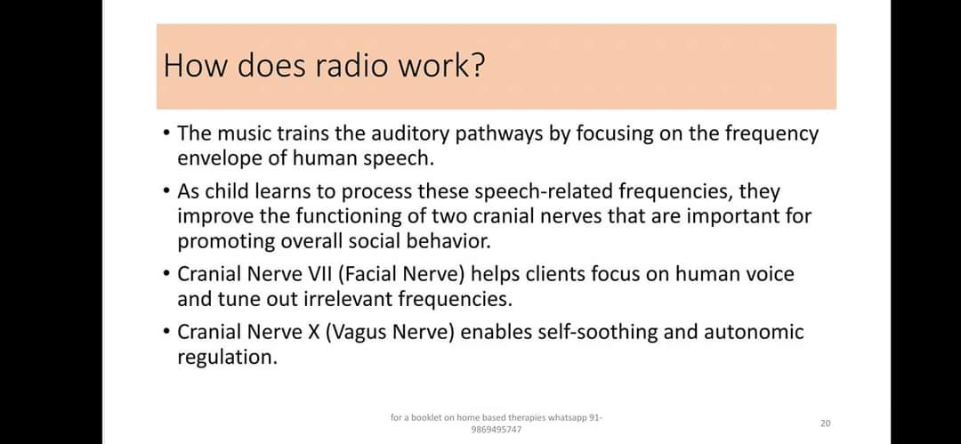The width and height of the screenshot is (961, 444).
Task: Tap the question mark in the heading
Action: [x=478, y=66]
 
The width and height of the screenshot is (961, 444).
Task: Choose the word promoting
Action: [x=225, y=241]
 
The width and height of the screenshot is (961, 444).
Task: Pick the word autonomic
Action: [x=754, y=333]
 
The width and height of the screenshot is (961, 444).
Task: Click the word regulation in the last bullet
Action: [x=227, y=358]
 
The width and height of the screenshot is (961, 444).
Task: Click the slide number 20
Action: [x=825, y=424]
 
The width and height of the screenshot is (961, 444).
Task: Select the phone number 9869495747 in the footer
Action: [x=497, y=430]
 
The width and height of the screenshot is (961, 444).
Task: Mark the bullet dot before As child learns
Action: [x=167, y=192]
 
